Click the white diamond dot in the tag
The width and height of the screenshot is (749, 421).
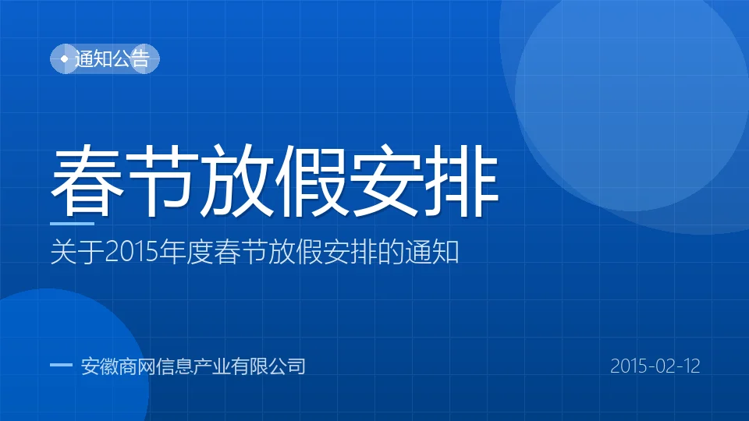[x=65, y=58]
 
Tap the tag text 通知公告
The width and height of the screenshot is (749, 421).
[x=112, y=58]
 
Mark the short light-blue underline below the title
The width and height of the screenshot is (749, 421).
[x=72, y=223]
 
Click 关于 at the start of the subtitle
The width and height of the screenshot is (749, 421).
[x=77, y=252]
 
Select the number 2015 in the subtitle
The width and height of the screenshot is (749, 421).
[x=131, y=252]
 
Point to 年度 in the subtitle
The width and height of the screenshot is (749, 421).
[x=186, y=252]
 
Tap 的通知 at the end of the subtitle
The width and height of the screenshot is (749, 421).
[x=418, y=252]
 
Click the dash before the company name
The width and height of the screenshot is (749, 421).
[x=61, y=366]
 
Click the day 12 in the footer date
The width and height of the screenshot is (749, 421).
[x=690, y=366]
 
